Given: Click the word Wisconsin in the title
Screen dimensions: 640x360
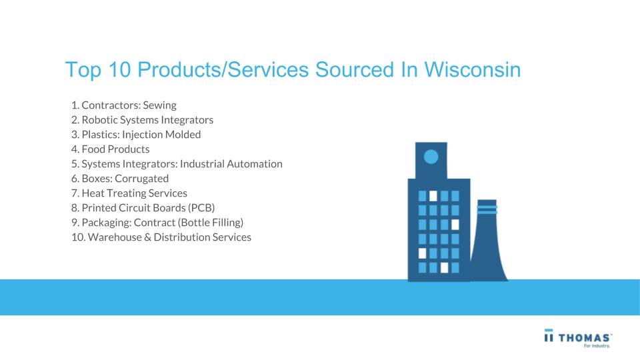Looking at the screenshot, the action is [x=472, y=69].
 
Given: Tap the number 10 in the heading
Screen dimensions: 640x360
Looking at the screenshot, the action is [x=119, y=69].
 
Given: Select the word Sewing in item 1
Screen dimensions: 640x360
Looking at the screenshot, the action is [x=159, y=105].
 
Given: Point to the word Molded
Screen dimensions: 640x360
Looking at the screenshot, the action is [x=183, y=134].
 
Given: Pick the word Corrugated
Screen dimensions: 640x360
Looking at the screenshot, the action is [x=141, y=179].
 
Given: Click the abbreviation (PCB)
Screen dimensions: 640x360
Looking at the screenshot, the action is [x=201, y=208].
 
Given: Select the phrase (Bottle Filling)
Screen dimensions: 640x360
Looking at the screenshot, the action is [x=211, y=223].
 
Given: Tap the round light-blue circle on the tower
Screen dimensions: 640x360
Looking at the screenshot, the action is [x=431, y=156].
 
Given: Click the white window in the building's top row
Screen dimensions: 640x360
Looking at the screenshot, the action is [x=433, y=196].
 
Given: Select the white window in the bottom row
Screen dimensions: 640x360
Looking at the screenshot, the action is [x=444, y=268].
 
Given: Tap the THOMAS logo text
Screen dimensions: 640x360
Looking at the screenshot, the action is [x=585, y=338].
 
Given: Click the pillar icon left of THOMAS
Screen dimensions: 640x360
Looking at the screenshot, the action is [x=549, y=335].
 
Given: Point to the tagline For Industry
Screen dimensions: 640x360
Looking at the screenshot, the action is [x=597, y=346].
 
